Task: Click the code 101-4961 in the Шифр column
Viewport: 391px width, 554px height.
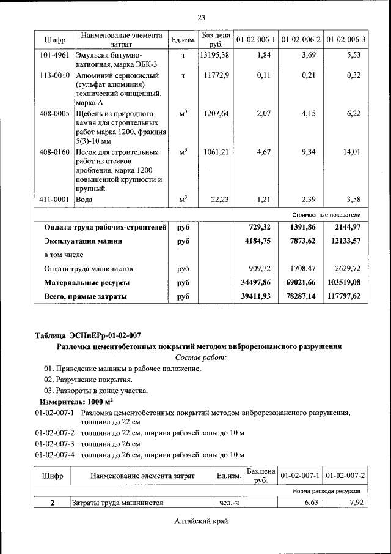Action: [53, 56]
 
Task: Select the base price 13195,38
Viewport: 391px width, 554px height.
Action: [215, 56]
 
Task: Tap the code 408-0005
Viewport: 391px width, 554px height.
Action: [53, 114]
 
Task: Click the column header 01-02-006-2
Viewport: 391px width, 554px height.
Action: [301, 40]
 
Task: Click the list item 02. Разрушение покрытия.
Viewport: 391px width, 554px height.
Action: [87, 380]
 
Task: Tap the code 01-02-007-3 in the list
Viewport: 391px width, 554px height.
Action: [54, 443]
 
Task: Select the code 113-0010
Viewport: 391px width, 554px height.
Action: [53, 76]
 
